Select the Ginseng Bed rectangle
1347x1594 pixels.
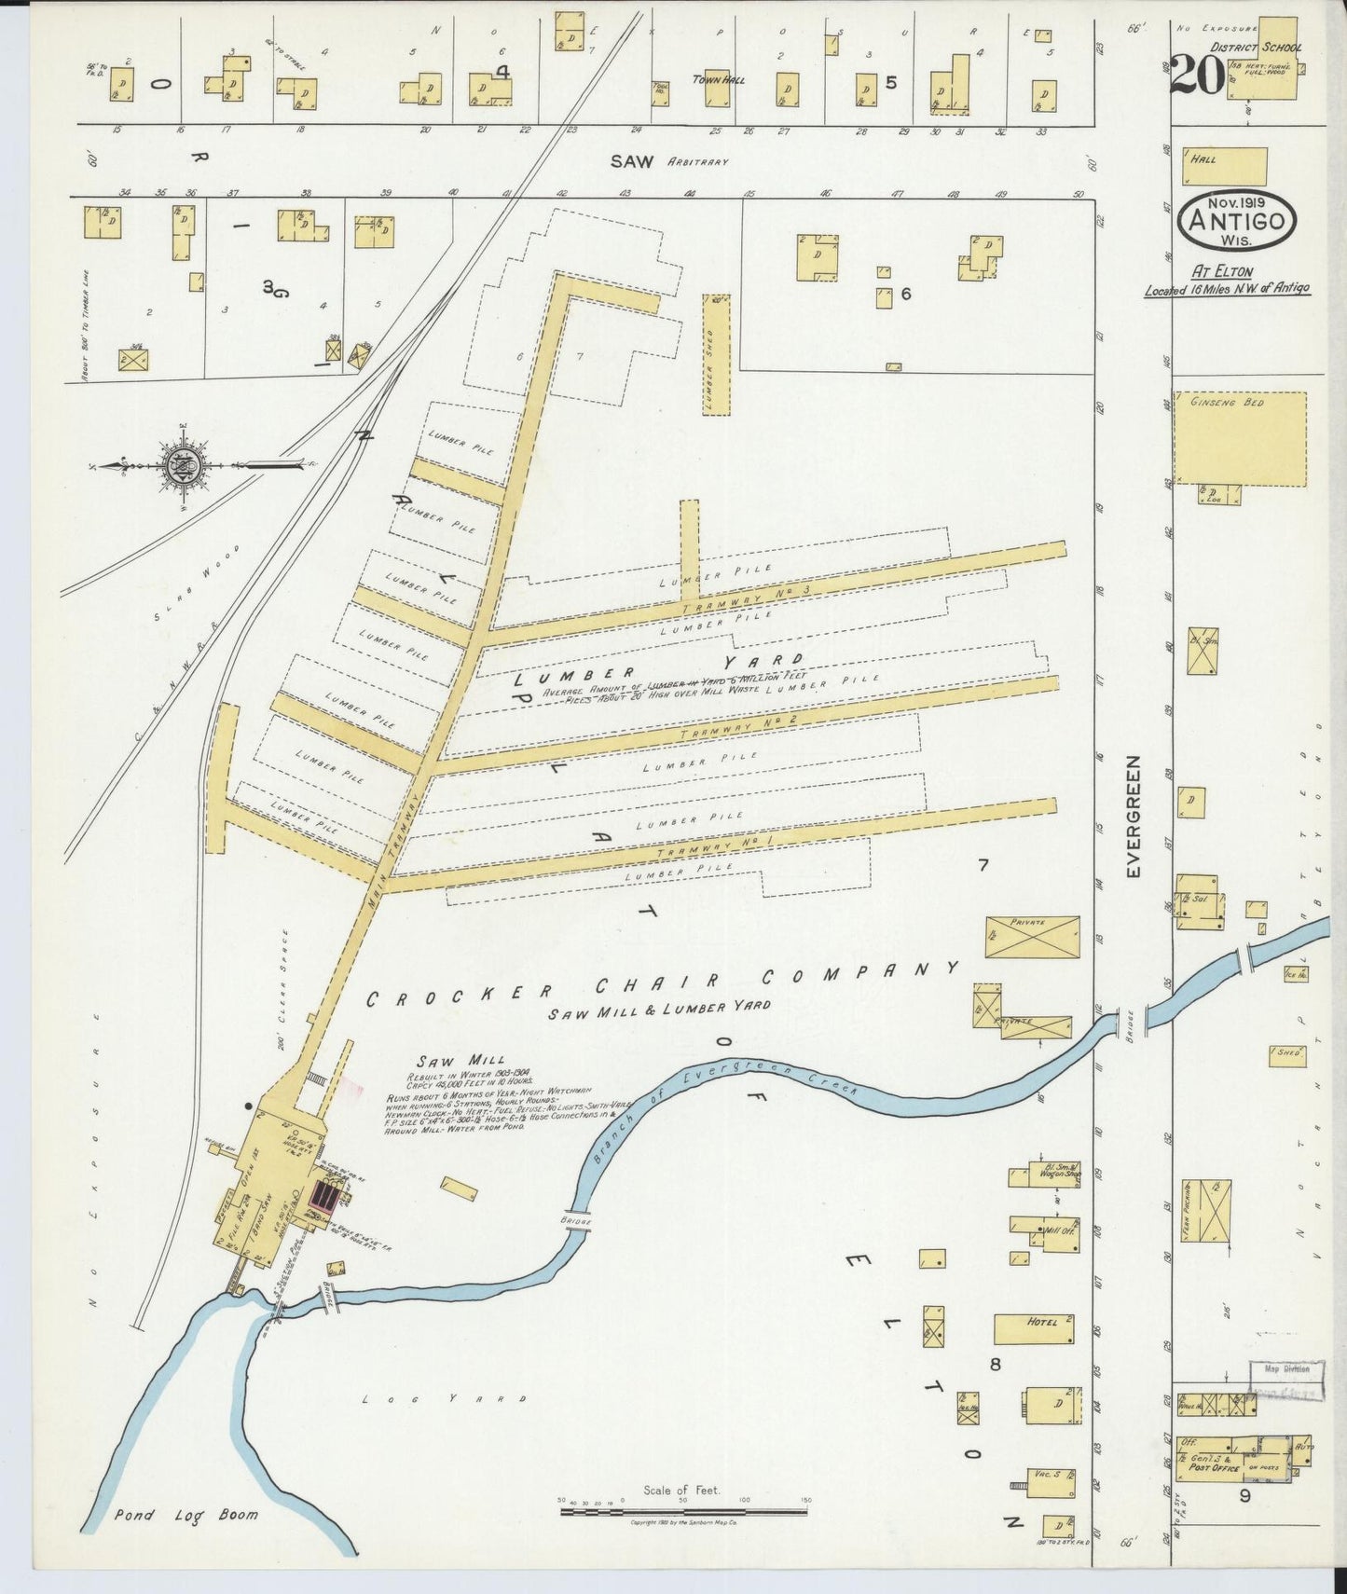click(x=1239, y=437)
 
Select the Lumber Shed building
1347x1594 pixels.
click(x=715, y=354)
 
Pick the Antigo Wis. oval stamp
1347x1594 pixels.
click(x=1237, y=221)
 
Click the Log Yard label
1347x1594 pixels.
click(x=445, y=1399)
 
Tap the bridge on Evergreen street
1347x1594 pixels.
click(x=1131, y=1021)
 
